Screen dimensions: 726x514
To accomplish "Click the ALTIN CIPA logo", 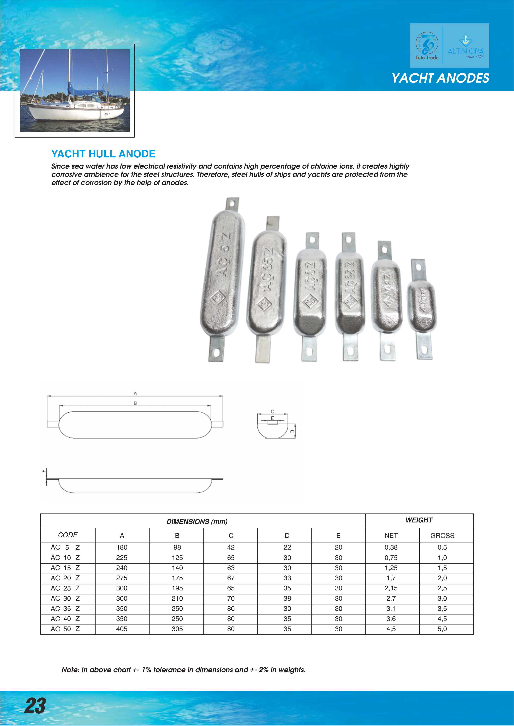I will tap(465, 47).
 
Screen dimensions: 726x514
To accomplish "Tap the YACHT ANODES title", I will tap(440, 78).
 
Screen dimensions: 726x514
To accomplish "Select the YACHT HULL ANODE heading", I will tap(103, 154).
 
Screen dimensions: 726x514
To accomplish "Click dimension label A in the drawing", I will tap(135, 394).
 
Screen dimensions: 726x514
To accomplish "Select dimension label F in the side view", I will tap(43, 471).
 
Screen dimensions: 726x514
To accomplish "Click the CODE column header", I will tap(68, 535).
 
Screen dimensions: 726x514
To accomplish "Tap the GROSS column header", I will tap(442, 536).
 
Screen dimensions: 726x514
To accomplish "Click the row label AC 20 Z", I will tap(65, 578).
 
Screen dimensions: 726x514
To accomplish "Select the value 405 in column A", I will tap(122, 629).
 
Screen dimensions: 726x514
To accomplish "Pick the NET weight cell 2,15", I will tap(391, 588).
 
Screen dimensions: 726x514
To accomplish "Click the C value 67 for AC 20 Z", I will tap(231, 578).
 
